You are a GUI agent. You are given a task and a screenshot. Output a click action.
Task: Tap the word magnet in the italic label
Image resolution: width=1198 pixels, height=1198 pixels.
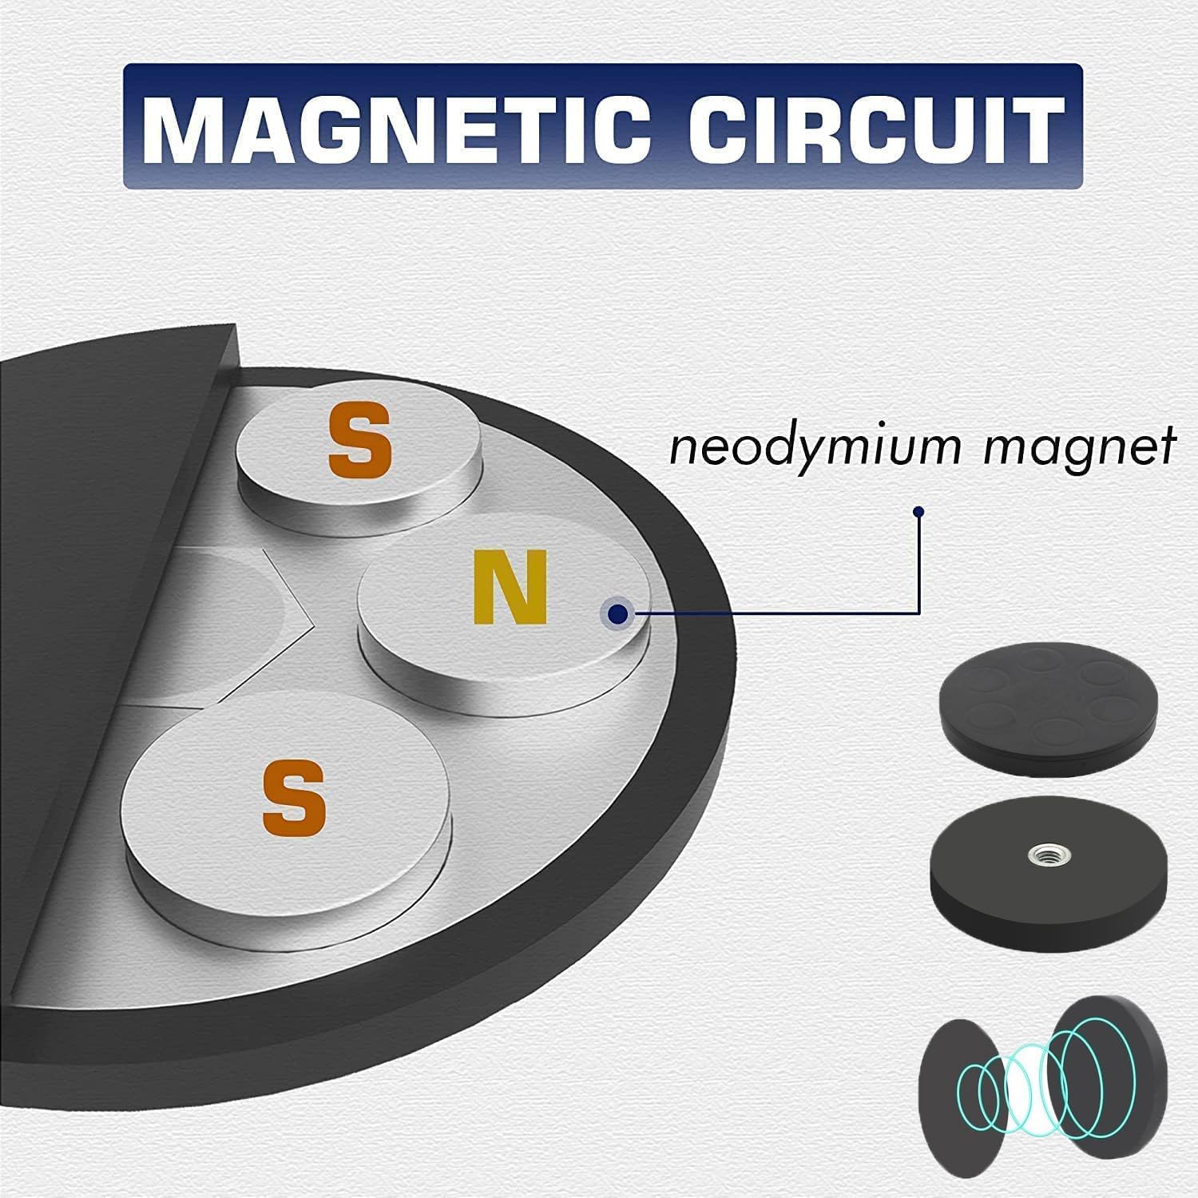[1079, 447]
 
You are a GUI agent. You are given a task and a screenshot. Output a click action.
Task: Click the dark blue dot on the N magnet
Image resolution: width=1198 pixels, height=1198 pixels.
[617, 613]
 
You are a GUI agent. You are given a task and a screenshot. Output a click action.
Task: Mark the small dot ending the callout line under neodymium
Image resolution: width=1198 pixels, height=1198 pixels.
[919, 511]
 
